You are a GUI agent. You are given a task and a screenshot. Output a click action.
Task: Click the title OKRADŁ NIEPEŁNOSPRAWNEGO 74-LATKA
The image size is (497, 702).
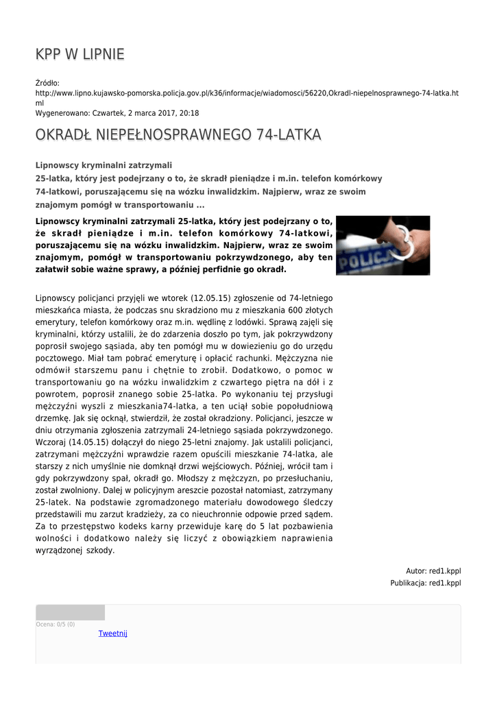178,134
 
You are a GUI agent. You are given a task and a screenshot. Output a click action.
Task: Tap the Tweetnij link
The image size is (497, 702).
113,633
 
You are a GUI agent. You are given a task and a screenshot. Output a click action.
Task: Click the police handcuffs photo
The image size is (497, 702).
383,245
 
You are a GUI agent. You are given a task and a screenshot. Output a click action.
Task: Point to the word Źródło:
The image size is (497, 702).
47,83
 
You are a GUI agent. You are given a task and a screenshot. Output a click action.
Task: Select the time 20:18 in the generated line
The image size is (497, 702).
189,112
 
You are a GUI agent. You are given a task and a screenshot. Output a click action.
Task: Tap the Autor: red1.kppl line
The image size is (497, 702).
433,570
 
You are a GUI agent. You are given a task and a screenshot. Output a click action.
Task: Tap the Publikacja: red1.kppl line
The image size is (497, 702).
425,583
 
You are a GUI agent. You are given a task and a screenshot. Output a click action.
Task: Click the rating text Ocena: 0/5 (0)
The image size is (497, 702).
56,625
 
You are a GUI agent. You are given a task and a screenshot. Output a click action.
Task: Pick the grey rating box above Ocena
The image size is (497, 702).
70,612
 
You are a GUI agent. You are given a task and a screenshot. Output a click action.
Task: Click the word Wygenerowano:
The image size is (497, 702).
60,112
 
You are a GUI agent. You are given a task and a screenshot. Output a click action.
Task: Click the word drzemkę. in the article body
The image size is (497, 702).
51,418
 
